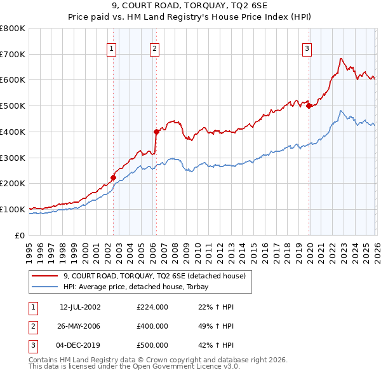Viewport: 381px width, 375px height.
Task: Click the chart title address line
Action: pos(190,6)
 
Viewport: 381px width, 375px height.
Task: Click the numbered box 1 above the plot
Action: pos(111,48)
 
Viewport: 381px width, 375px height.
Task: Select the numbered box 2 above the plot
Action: pos(155,48)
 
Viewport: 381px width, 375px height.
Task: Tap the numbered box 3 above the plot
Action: pos(307,48)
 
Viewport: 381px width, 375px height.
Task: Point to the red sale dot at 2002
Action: pos(113,178)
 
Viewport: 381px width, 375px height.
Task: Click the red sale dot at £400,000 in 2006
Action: pos(156,132)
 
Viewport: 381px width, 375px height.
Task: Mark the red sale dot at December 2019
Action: pos(309,106)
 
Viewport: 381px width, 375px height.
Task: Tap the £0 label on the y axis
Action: pos(20,235)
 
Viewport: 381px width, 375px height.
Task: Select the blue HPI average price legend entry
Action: pos(140,287)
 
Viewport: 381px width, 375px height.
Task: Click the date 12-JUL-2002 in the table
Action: pos(80,307)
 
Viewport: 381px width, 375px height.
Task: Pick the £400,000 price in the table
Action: pos(152,326)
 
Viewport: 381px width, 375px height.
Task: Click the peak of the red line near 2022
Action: pos(341,58)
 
